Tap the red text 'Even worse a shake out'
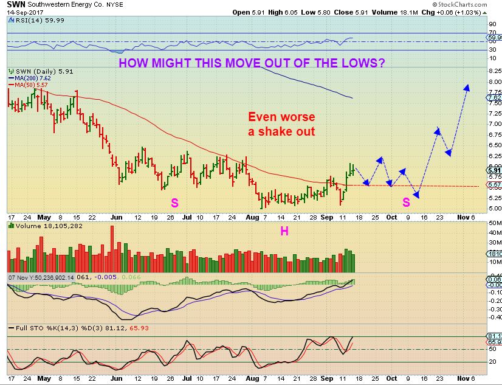[281, 124]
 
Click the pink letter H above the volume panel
[283, 231]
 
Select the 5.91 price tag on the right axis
[493, 170]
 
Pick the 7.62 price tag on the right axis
[493, 97]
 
